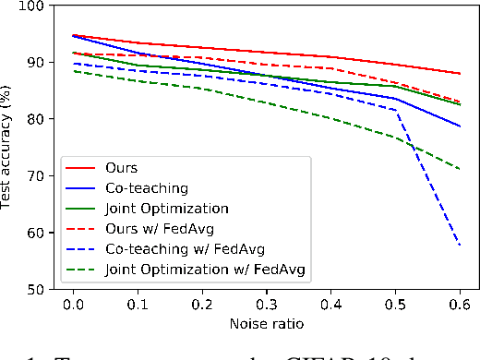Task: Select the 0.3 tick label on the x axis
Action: (x=267, y=305)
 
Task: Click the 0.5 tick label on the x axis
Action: (x=396, y=305)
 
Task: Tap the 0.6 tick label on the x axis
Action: (x=460, y=305)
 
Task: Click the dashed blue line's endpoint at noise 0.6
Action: (x=460, y=246)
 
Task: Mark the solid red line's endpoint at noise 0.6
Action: (x=460, y=74)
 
